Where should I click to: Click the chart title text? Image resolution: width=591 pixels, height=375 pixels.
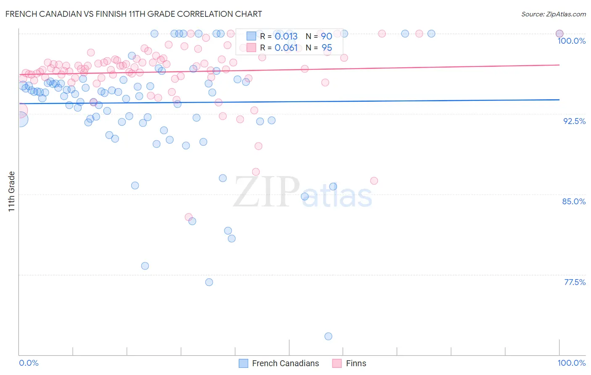point(134,14)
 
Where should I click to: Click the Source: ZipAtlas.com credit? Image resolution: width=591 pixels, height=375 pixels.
point(553,14)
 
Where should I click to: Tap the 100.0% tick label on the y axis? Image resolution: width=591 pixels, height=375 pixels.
point(571,41)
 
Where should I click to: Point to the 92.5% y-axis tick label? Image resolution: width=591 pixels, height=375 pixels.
point(574,121)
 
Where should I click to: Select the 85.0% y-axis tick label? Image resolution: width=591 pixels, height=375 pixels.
point(574,201)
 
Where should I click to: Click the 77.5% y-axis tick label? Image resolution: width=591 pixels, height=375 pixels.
point(575,282)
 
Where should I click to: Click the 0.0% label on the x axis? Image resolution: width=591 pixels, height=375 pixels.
point(29,363)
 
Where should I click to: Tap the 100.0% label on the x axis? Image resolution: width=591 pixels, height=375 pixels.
point(571,363)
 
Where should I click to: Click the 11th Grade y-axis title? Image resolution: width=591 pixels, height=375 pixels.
point(12,191)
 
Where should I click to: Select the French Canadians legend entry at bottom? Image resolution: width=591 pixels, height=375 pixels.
point(279,363)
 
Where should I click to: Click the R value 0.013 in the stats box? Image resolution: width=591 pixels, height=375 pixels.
point(286,37)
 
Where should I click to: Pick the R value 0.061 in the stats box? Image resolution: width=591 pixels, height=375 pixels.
point(286,48)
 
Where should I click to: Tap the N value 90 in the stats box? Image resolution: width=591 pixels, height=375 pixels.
point(327,37)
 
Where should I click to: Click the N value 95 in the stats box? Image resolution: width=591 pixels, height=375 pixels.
point(327,48)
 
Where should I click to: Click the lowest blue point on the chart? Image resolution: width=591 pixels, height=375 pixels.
point(328,336)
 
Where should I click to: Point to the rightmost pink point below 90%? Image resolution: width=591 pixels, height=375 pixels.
point(374,181)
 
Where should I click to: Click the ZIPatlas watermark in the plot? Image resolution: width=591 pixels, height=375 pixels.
point(303,193)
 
